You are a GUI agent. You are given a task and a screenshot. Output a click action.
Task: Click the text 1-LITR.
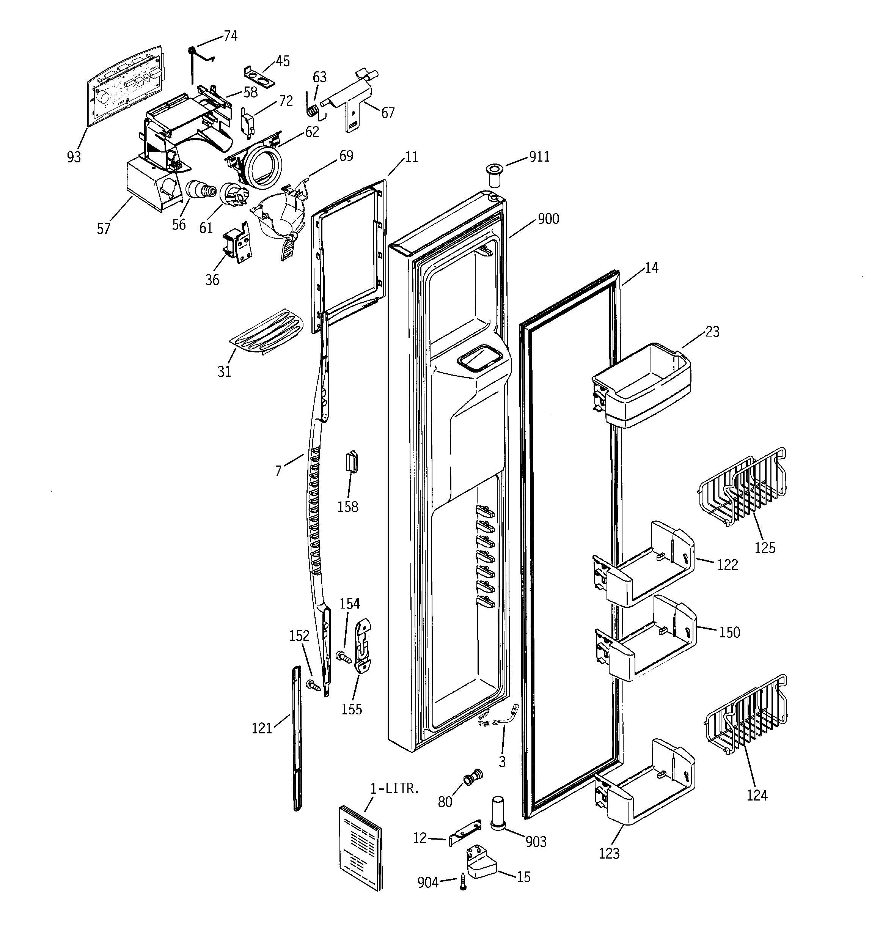tap(394, 788)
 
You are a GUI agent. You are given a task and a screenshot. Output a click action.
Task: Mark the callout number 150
tap(729, 632)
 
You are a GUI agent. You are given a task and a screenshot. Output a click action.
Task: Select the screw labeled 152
tap(314, 685)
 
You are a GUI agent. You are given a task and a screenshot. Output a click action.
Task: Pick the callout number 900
tap(548, 219)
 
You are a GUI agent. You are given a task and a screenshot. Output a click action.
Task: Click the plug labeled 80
tap(473, 776)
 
